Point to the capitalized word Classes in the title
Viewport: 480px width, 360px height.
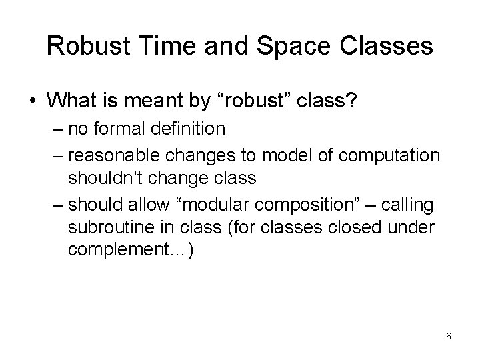385,46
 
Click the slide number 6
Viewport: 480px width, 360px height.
448,335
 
